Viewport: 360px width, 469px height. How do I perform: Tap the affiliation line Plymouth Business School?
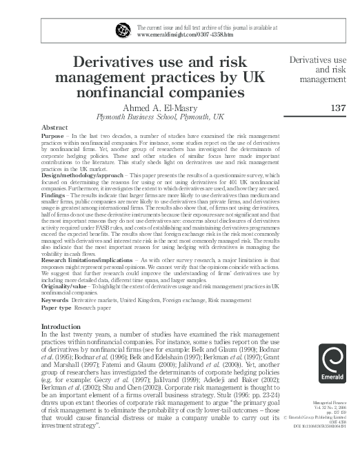click(160, 117)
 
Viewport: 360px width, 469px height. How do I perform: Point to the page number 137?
click(337, 108)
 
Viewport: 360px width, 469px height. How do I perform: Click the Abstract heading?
click(54, 128)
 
